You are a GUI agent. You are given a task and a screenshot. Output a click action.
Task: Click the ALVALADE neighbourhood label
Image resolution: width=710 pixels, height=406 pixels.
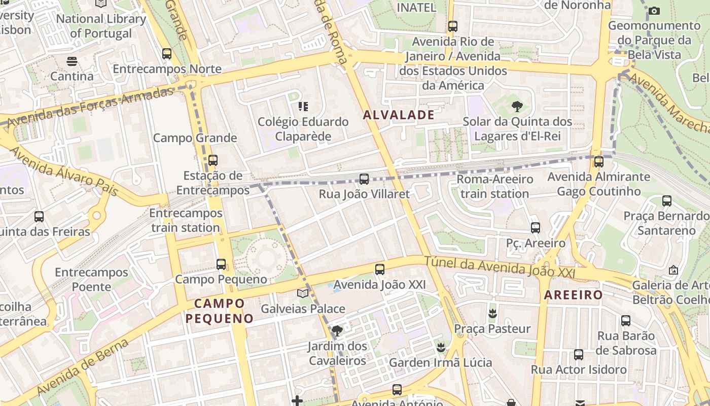click(x=399, y=115)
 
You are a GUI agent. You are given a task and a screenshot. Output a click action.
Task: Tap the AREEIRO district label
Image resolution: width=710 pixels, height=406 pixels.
click(x=574, y=295)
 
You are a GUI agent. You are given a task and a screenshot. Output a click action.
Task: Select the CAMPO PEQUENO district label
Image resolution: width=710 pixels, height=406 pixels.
click(x=220, y=311)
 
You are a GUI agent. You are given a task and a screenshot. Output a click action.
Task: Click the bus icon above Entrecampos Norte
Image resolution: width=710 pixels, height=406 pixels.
click(x=167, y=53)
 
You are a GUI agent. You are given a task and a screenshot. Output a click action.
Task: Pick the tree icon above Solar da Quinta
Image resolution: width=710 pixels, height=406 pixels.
click(x=517, y=107)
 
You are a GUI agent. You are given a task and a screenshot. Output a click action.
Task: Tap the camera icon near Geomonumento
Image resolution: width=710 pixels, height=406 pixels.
click(x=654, y=11)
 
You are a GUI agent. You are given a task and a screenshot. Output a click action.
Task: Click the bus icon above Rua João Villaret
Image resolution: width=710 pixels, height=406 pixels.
click(x=364, y=179)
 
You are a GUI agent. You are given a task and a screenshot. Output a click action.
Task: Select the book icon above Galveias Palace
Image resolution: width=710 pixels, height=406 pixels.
click(x=303, y=293)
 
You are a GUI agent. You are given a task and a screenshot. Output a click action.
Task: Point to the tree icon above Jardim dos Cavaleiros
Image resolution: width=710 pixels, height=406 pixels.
click(x=337, y=331)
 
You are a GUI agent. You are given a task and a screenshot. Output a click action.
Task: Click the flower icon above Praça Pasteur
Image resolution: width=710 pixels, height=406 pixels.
click(x=492, y=313)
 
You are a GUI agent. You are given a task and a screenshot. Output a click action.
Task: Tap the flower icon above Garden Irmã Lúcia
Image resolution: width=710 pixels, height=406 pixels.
click(x=441, y=347)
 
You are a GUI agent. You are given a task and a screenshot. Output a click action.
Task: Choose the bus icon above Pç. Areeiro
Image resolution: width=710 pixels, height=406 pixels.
click(x=535, y=228)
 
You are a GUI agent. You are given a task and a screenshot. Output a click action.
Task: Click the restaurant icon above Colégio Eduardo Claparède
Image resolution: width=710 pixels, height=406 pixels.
click(x=303, y=107)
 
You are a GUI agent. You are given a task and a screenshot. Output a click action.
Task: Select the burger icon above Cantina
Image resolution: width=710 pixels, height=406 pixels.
click(x=72, y=61)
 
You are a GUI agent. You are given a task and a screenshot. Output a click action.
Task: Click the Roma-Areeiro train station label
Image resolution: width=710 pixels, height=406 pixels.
click(x=495, y=186)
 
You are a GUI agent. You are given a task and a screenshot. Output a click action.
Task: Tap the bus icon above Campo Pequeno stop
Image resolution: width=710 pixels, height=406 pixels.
click(x=221, y=264)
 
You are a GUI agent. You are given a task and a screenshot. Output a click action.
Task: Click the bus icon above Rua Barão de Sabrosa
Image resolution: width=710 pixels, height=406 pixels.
click(x=626, y=321)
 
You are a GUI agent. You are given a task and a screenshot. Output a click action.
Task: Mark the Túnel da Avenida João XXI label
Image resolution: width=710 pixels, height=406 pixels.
click(x=500, y=267)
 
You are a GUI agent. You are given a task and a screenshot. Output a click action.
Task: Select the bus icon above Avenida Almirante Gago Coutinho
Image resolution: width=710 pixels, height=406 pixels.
click(x=598, y=162)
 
